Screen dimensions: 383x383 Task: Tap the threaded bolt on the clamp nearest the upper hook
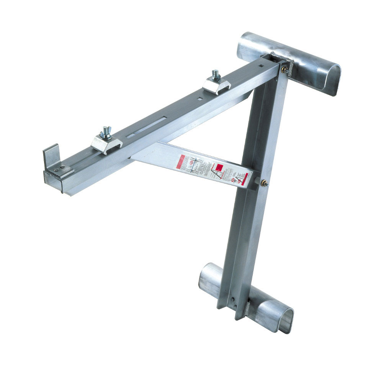(216, 74)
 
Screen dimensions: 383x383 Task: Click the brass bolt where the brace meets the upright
(264, 183)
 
